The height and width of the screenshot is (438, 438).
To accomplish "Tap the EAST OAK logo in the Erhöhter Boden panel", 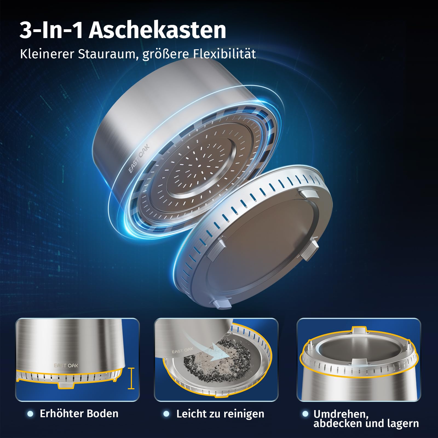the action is point(66,365).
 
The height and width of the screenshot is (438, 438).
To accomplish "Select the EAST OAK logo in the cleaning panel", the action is point(182,350).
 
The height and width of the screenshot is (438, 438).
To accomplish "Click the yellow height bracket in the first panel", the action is point(131,378).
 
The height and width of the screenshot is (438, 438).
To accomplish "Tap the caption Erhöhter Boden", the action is point(79,414).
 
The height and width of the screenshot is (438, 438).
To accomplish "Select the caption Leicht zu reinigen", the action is point(220,414).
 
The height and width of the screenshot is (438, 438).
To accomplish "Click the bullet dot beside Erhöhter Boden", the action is point(30,414).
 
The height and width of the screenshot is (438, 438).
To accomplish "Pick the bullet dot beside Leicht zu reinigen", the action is point(166,414).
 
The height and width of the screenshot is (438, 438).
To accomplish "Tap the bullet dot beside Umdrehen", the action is point(306,414).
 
